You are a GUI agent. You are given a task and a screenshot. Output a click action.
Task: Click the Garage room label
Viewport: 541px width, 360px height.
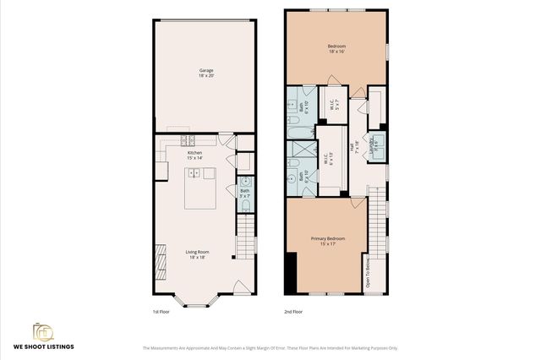[205, 74]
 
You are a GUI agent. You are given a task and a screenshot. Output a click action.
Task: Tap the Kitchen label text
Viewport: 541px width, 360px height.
[195, 155]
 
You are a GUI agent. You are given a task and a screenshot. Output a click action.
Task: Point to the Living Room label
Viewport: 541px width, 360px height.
[198, 254]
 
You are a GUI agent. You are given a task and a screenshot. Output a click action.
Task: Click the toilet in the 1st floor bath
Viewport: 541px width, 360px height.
[245, 182]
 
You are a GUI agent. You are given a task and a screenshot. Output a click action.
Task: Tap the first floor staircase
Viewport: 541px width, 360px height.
[245, 232]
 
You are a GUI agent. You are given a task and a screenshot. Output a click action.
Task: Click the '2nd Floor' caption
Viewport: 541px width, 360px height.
[293, 312]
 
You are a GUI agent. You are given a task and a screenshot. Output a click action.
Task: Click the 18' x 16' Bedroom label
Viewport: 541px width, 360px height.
[336, 48]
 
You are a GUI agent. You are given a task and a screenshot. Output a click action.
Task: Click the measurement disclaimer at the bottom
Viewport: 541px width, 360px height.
[270, 347]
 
